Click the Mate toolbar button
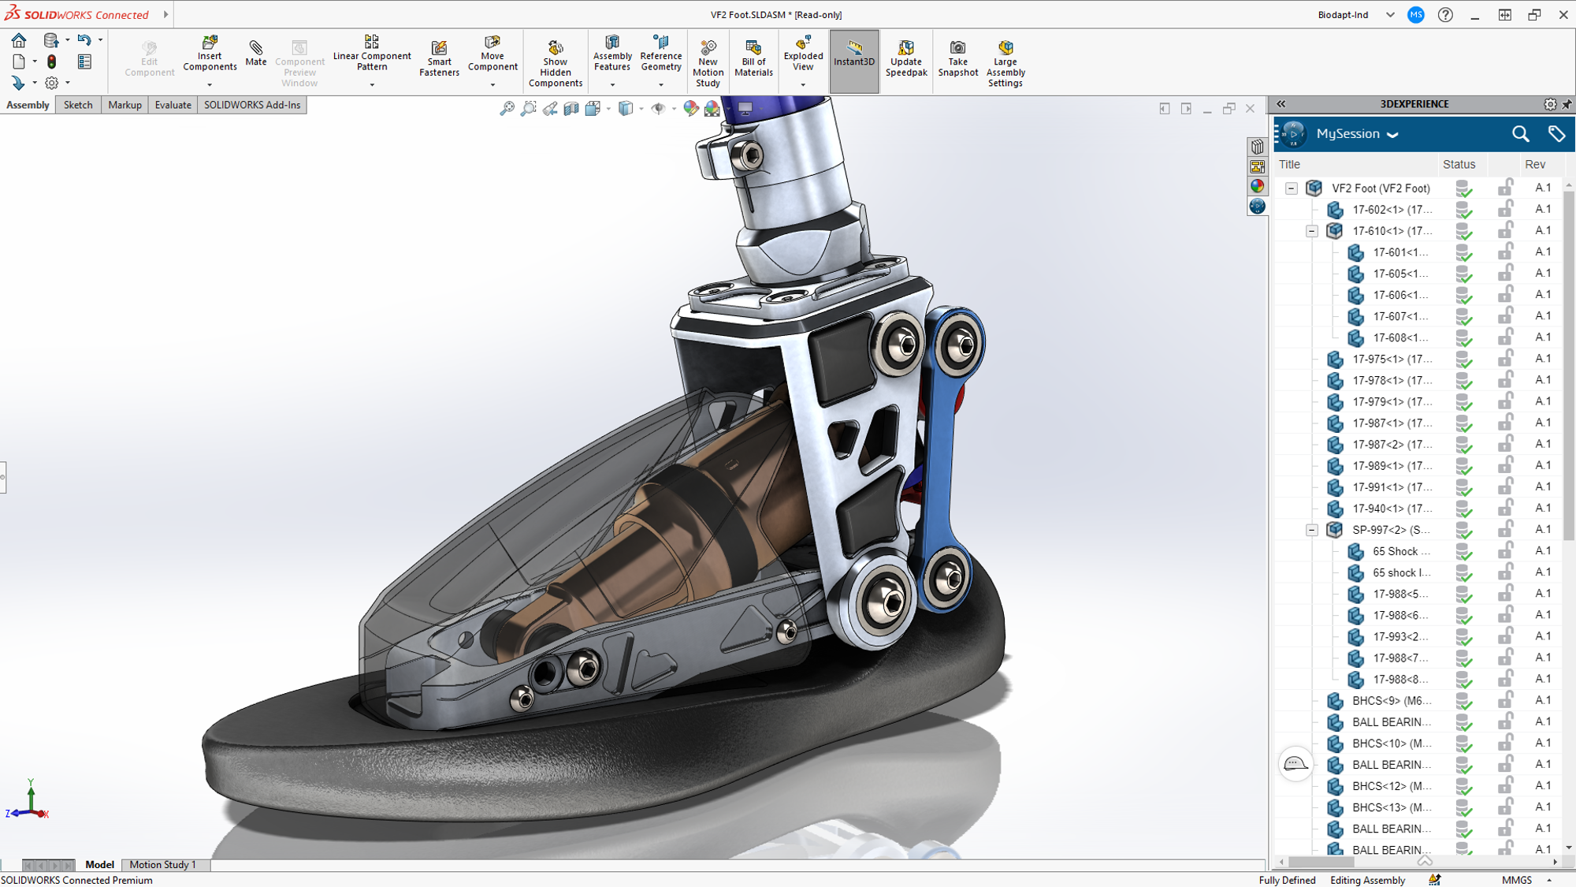point(255,54)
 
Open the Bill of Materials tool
point(753,58)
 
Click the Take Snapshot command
point(957,58)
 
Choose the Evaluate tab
point(173,105)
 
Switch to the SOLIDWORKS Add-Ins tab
point(252,105)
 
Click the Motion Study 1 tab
point(162,864)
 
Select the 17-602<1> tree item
point(1392,210)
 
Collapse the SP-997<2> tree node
point(1312,530)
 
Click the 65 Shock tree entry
point(1399,551)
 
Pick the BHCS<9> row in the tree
point(1392,700)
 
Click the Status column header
point(1459,164)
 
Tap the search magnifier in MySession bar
point(1520,134)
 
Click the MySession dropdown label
point(1356,134)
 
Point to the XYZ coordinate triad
point(29,803)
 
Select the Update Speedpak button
point(905,58)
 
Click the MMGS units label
point(1516,880)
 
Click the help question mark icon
point(1445,15)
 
